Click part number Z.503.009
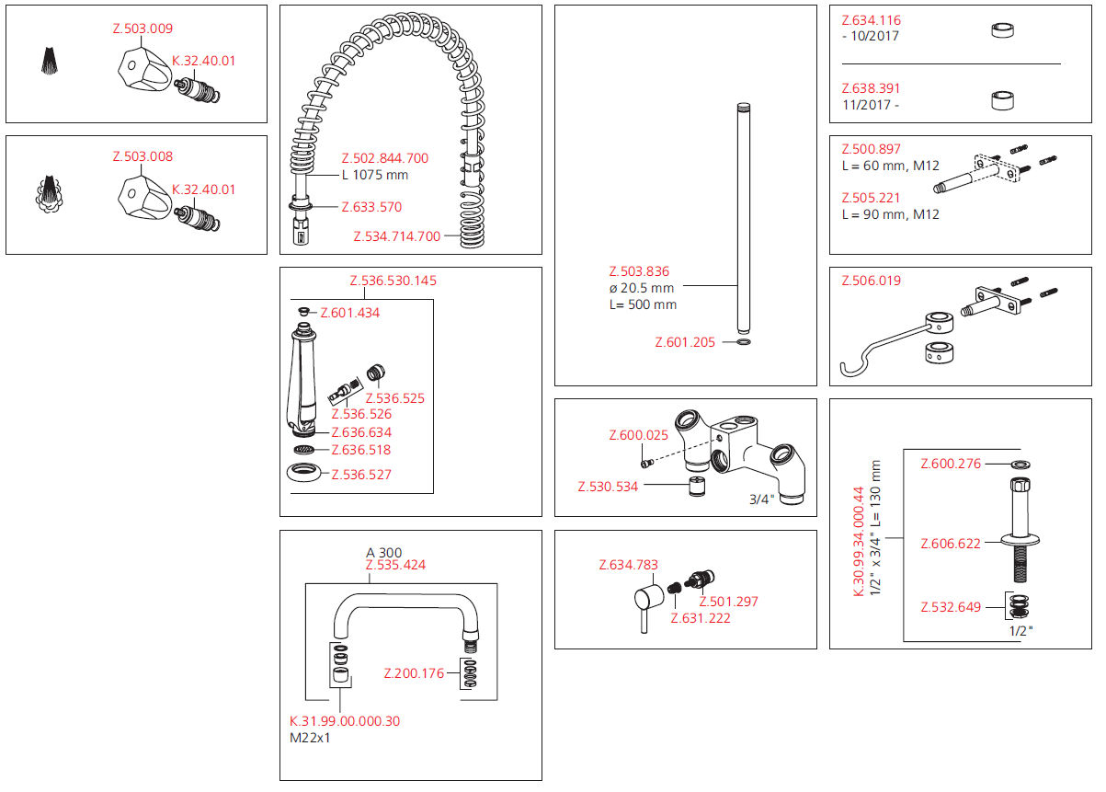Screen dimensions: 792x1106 click(142, 29)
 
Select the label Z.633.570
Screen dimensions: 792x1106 click(371, 207)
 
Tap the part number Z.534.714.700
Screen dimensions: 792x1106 click(396, 236)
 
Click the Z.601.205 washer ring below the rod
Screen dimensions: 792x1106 click(744, 343)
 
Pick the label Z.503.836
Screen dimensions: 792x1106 click(639, 271)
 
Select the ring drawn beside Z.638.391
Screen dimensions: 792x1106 click(1001, 99)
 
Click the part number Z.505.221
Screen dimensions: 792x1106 click(872, 198)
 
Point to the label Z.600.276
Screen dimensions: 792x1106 click(951, 464)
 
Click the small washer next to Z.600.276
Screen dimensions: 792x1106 click(1020, 464)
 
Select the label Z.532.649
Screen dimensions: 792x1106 click(951, 607)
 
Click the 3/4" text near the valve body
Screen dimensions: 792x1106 click(760, 499)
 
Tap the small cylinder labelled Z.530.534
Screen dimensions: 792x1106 click(697, 486)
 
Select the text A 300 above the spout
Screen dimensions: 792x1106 click(383, 553)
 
